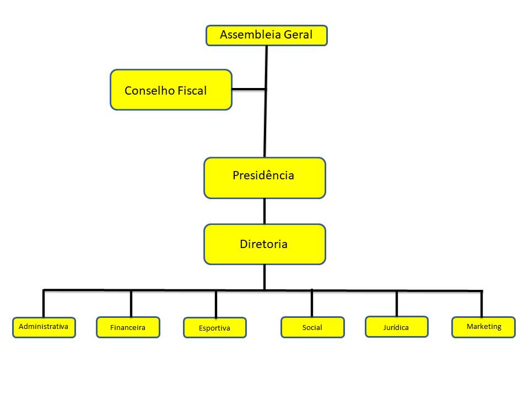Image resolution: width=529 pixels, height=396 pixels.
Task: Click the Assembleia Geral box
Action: tap(267, 35)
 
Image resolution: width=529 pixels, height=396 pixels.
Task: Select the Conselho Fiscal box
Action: tap(171, 90)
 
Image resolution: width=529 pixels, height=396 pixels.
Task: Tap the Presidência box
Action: tap(264, 178)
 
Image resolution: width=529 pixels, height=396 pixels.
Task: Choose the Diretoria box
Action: tap(264, 244)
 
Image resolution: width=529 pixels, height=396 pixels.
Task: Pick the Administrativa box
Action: tap(44, 327)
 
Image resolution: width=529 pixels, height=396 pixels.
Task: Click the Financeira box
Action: tap(128, 327)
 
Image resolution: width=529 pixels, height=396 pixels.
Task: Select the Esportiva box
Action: tap(215, 328)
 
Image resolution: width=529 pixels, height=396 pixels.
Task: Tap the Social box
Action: tap(312, 327)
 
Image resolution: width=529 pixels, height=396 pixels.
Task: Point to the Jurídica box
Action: tap(396, 327)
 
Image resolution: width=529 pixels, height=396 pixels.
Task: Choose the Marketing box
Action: tap(483, 327)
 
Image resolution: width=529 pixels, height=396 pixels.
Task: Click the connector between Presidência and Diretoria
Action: tap(264, 211)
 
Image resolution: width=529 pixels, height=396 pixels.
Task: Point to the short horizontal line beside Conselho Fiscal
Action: tap(249, 89)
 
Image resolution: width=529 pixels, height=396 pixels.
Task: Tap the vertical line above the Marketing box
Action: tap(482, 303)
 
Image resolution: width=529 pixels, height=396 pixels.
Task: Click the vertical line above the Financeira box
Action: tap(131, 303)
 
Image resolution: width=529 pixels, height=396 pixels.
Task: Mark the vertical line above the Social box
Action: tap(311, 303)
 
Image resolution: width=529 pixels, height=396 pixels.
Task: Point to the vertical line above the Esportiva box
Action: tap(215, 304)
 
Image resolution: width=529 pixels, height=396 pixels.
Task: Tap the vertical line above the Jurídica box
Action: tap(397, 303)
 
